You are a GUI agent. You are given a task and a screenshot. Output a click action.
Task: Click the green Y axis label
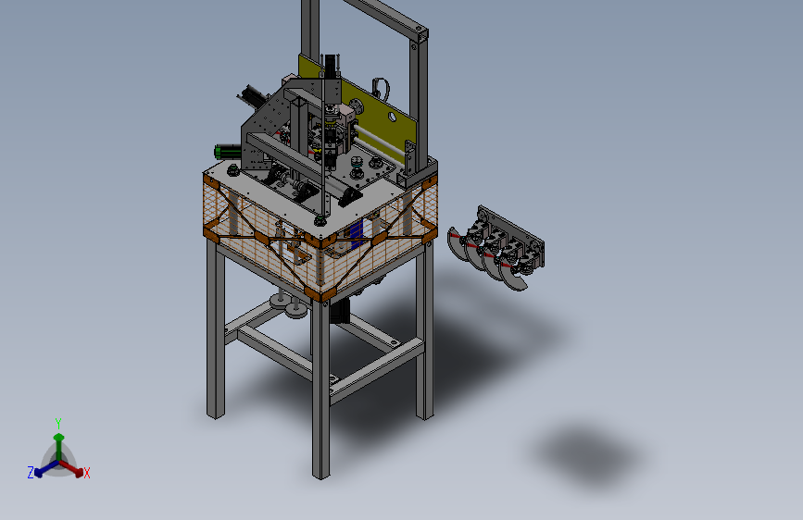coord(58,423)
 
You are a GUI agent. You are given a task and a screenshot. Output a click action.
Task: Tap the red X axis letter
coord(86,474)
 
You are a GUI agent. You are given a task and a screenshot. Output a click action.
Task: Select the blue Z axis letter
coord(31,473)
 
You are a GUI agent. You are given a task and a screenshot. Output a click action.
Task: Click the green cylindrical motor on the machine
coord(228,152)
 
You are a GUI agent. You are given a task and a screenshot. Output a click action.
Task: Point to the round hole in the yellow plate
coord(392,118)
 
